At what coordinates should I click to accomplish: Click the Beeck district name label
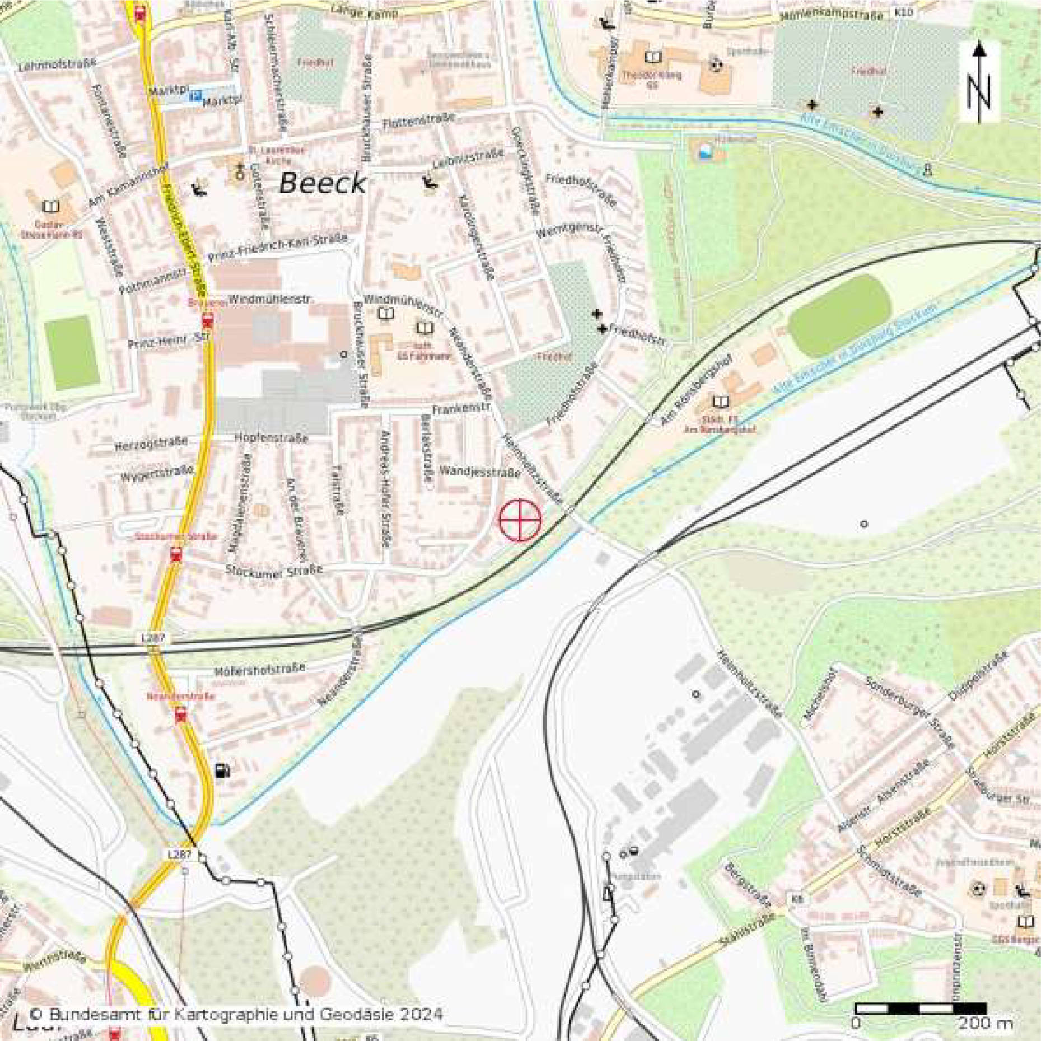(322, 184)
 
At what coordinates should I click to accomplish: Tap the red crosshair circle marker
(520, 520)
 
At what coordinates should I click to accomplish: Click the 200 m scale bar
(921, 1009)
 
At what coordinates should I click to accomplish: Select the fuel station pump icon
(222, 771)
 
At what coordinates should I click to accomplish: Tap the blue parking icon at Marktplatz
(195, 96)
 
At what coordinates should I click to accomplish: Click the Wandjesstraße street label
(479, 472)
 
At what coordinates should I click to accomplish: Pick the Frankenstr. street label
(461, 409)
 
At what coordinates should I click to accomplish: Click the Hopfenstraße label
(271, 437)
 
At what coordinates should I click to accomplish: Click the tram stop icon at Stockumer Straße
(176, 555)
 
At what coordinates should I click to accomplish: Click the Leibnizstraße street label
(468, 158)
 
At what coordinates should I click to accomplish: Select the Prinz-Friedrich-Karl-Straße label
(278, 248)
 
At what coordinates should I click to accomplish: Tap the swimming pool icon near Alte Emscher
(706, 152)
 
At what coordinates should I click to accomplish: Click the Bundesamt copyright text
(235, 1014)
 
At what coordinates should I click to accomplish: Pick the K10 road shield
(903, 12)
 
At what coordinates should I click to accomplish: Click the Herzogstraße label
(151, 445)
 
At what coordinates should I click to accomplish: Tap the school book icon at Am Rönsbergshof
(721, 402)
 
